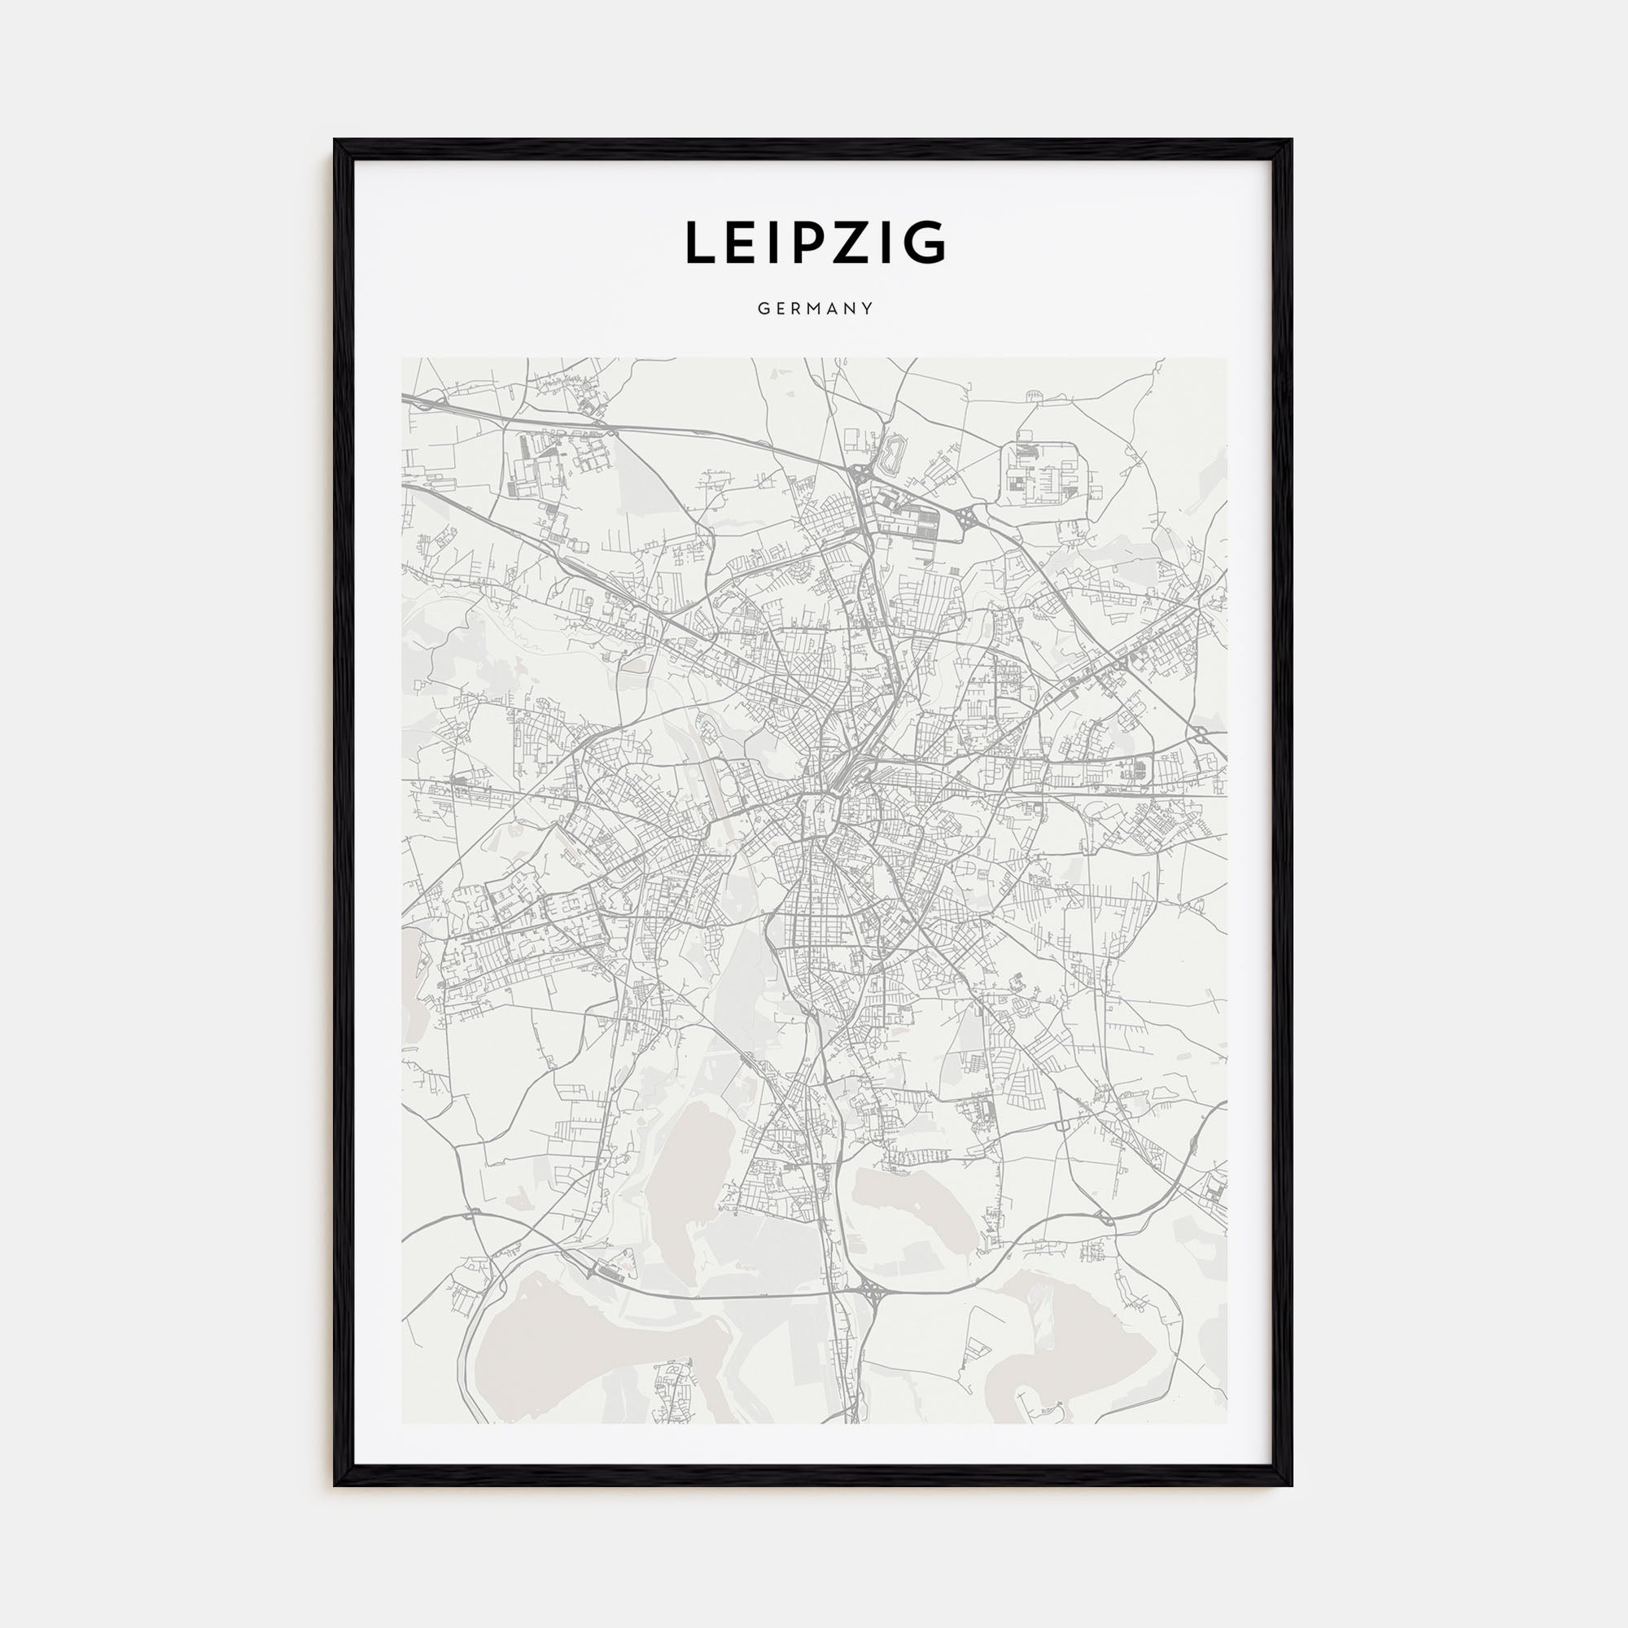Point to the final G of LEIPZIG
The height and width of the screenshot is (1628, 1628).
point(928,243)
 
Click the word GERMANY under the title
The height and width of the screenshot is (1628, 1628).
point(814,309)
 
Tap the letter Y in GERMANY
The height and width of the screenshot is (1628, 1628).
point(868,309)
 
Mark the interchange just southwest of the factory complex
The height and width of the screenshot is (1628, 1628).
point(969,514)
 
